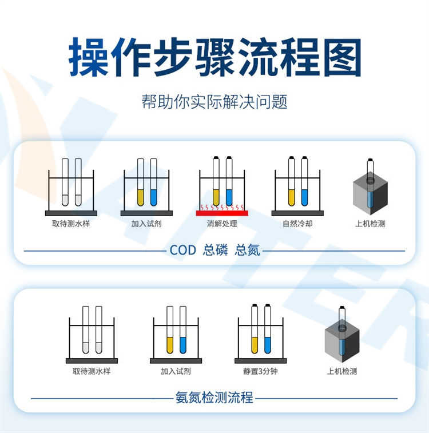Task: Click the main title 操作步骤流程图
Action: [214, 57]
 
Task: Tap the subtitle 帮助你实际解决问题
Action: [214, 102]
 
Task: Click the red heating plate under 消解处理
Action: [222, 213]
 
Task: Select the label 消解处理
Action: [222, 224]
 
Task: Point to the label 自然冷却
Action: [297, 224]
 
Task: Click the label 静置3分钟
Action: [260, 371]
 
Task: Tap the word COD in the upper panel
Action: [182, 250]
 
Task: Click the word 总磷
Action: [215, 250]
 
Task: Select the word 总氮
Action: [247, 250]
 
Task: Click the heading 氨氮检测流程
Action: [214, 398]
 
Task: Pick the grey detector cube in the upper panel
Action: [370, 193]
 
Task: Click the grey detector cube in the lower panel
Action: [342, 341]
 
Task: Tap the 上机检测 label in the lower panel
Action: [342, 371]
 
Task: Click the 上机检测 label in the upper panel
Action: [370, 224]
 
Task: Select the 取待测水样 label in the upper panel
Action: [71, 224]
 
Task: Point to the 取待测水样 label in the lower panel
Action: [92, 371]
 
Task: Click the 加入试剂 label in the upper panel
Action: [146, 224]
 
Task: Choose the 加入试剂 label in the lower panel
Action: [176, 371]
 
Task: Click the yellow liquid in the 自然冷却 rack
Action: [291, 197]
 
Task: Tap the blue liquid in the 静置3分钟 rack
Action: [268, 345]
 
